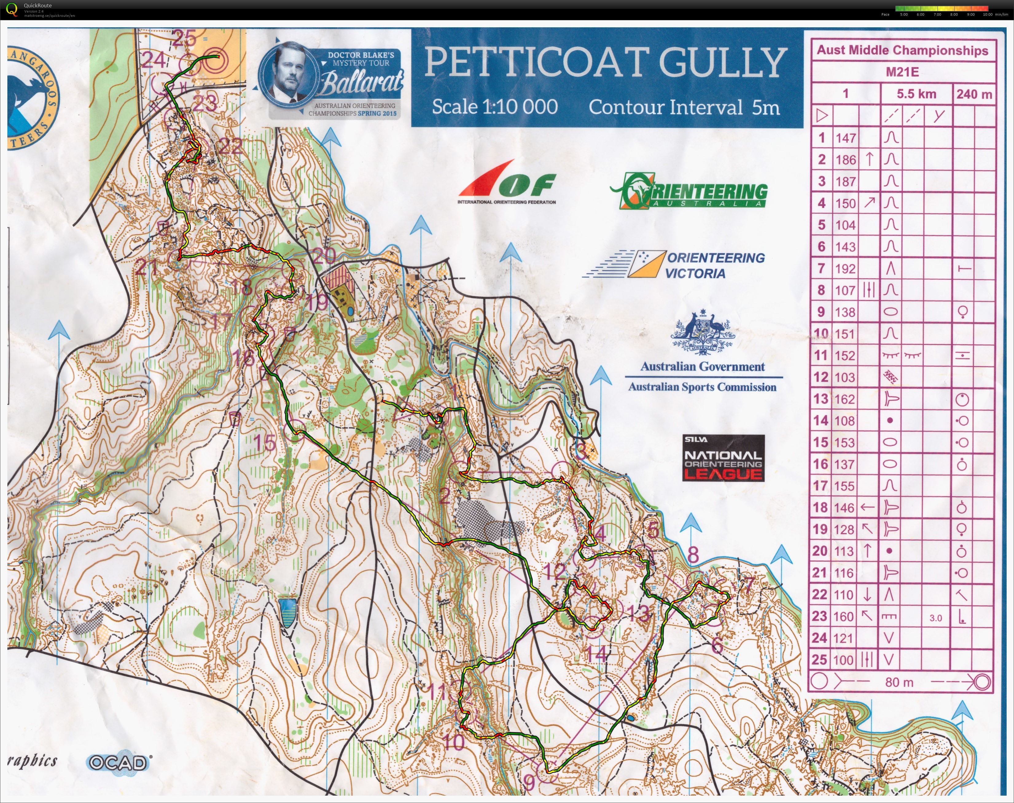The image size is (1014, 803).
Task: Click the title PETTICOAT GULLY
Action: coord(606,63)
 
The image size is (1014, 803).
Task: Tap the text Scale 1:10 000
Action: coord(495,107)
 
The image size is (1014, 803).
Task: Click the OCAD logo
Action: coord(119,762)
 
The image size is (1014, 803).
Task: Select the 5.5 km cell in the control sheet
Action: coord(916,94)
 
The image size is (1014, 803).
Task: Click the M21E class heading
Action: coord(902,72)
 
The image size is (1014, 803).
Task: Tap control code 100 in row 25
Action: coord(845,660)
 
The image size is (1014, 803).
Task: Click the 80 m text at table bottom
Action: coord(899,682)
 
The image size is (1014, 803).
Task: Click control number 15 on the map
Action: coord(265,442)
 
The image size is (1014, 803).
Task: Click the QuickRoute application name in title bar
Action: coord(38,6)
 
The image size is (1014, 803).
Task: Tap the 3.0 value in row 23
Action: coord(935,618)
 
